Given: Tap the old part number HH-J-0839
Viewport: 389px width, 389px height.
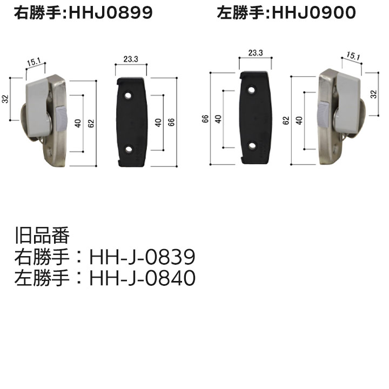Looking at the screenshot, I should click(142, 257).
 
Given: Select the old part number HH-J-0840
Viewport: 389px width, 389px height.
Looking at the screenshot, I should click(142, 278).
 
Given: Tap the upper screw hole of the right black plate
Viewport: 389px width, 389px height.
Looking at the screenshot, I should click(251, 90).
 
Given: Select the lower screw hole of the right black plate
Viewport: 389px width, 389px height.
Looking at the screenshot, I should click(251, 145).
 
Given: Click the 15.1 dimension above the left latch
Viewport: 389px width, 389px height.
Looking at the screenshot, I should click(33, 63).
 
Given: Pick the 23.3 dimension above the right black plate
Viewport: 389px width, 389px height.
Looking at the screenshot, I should click(256, 53).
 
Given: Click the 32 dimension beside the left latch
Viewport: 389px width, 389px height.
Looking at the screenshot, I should click(5, 98).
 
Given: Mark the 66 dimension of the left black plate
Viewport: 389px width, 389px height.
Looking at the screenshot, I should click(171, 122).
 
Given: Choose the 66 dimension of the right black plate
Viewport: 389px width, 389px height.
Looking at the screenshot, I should click(206, 119).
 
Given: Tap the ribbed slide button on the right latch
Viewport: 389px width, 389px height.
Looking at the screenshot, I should click(322, 113).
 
